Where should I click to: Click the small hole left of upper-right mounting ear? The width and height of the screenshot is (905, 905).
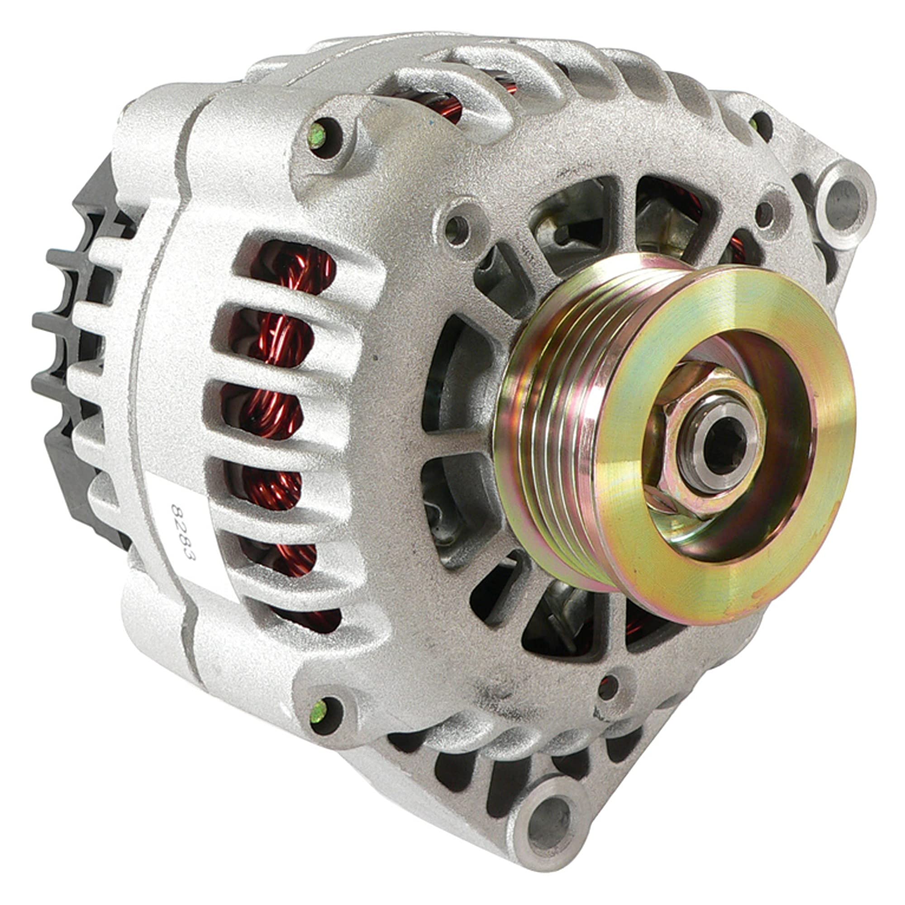[767, 214]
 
